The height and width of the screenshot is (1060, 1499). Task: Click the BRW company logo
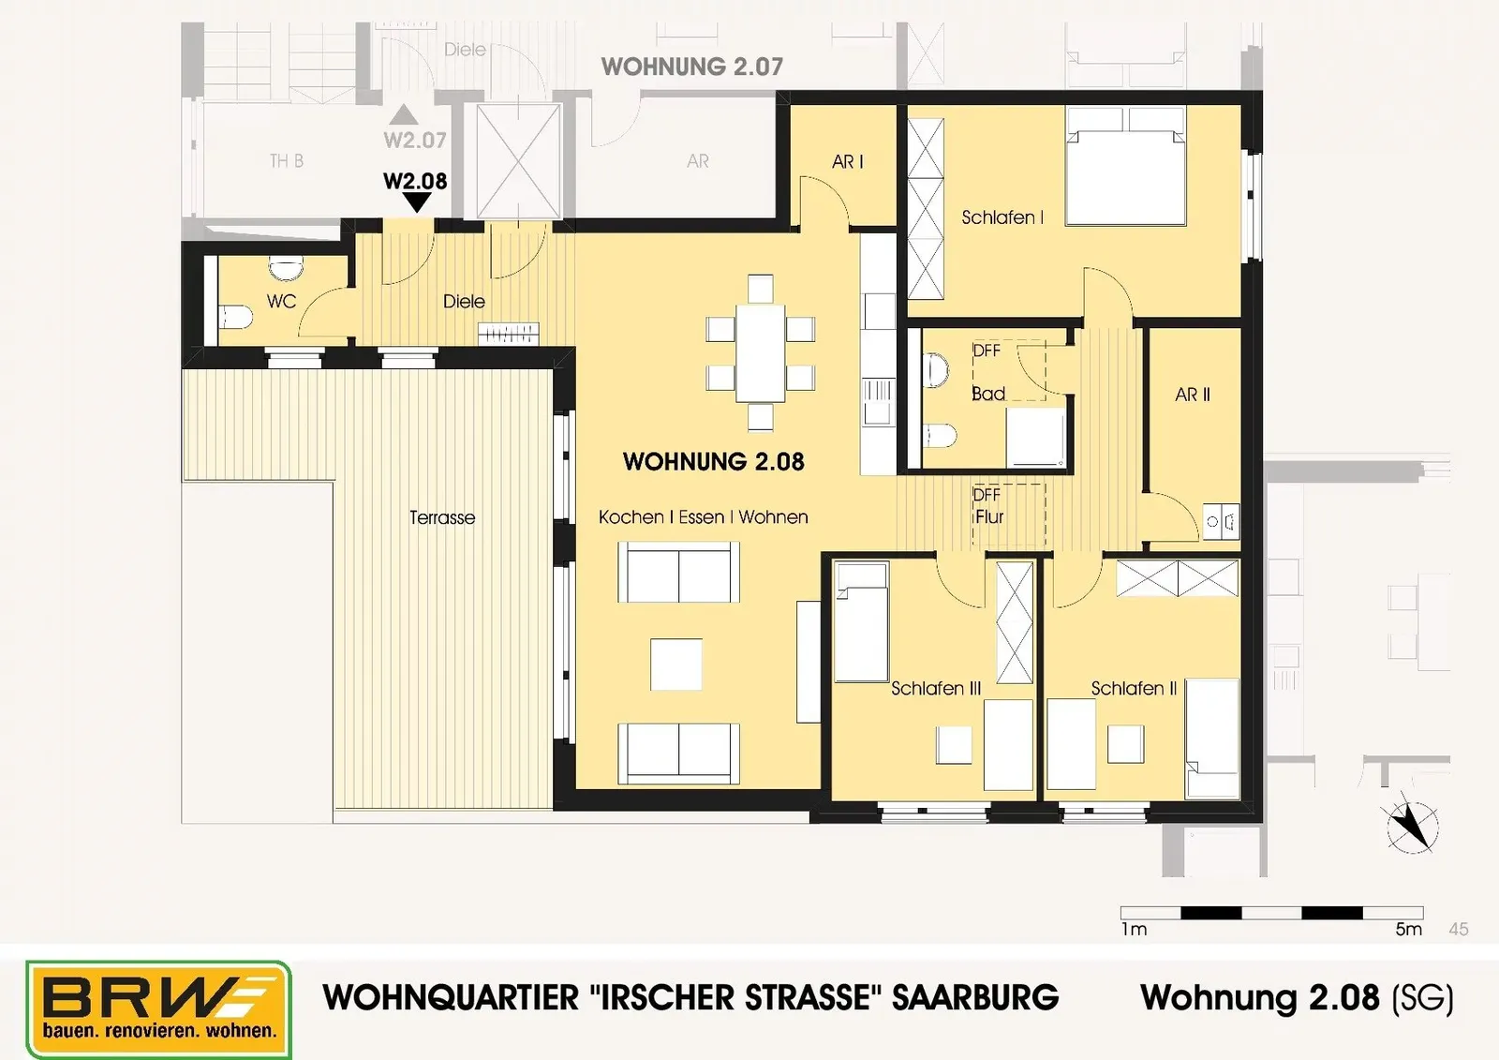(158, 1009)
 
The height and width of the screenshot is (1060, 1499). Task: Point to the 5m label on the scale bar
(1409, 930)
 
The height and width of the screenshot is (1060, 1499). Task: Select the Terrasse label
(442, 517)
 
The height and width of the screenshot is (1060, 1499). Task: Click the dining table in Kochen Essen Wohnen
(760, 353)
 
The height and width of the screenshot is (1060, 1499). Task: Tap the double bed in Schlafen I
(1126, 166)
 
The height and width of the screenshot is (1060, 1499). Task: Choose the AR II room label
(1193, 396)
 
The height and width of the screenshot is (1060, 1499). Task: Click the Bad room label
(988, 394)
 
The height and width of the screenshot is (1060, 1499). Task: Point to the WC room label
(281, 302)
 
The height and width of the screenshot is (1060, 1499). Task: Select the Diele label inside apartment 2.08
(464, 302)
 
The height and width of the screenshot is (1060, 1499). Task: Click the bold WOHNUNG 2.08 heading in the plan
(713, 461)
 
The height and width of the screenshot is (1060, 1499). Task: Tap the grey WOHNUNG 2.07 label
(692, 67)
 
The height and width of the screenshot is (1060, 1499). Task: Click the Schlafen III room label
(936, 688)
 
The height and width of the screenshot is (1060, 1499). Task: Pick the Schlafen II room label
(1134, 688)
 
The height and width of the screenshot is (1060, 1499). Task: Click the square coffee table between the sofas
(676, 664)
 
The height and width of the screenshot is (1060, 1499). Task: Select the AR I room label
(847, 161)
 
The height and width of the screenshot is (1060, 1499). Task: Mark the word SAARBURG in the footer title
(975, 998)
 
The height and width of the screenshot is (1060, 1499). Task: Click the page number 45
(1459, 930)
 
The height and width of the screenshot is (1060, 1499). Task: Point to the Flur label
(989, 517)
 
